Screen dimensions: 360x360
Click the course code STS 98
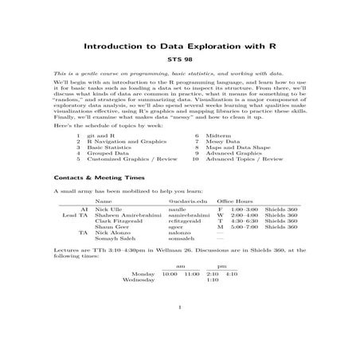[179, 59]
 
